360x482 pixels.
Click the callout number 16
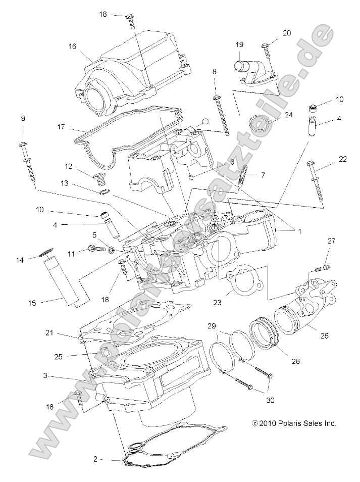click(73, 46)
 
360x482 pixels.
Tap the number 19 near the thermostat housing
click(239, 44)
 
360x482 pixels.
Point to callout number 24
click(288, 115)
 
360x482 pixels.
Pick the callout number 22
click(343, 159)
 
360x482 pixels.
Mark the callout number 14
click(20, 260)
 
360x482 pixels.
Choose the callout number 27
click(331, 241)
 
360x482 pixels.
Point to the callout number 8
click(215, 72)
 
